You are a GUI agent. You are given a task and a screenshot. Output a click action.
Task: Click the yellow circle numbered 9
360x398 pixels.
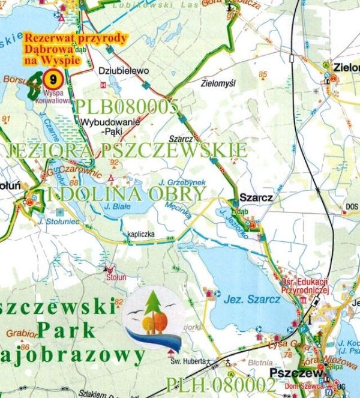click(x=55, y=78)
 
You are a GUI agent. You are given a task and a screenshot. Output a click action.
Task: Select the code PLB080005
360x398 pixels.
click(x=127, y=107)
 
